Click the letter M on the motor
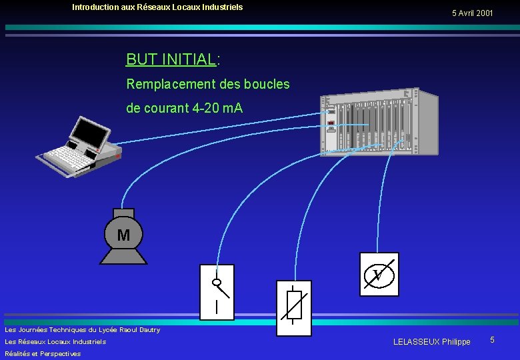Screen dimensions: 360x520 point(123,235)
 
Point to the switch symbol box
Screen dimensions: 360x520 point(217,292)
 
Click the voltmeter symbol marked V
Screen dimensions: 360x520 point(379,274)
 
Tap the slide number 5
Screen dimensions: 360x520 point(492,341)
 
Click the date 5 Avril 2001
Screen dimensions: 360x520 point(472,13)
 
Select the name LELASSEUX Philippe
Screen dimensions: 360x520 point(431,342)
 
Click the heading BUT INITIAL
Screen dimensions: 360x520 point(171,59)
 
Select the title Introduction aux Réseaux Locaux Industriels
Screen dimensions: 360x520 point(157,7)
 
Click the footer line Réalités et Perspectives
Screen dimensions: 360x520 point(43,354)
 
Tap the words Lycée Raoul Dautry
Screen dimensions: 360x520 point(130,330)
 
